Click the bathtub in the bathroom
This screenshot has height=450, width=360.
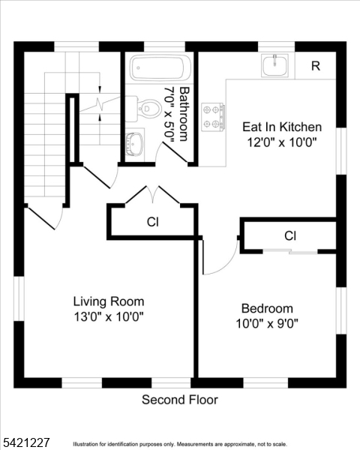click(x=160, y=67)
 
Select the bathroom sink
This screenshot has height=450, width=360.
click(x=135, y=144)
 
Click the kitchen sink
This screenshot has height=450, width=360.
click(x=274, y=66)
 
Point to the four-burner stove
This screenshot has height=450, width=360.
click(x=213, y=117)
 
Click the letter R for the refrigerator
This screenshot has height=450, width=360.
click(x=316, y=66)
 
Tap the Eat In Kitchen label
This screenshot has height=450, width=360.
click(x=282, y=127)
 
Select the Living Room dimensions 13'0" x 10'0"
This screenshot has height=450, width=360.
click(x=109, y=317)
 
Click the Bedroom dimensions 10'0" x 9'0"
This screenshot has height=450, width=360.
click(x=267, y=324)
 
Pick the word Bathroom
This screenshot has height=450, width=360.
click(x=184, y=114)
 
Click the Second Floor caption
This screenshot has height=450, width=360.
click(x=180, y=400)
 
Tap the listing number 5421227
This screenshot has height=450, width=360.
click(x=25, y=442)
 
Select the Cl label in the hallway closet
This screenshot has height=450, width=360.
click(x=153, y=222)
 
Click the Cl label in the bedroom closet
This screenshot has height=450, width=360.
click(x=290, y=236)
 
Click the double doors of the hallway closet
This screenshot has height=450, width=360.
click(x=153, y=195)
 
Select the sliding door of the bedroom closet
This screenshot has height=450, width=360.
click(x=290, y=252)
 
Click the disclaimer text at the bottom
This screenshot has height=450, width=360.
click(x=180, y=444)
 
